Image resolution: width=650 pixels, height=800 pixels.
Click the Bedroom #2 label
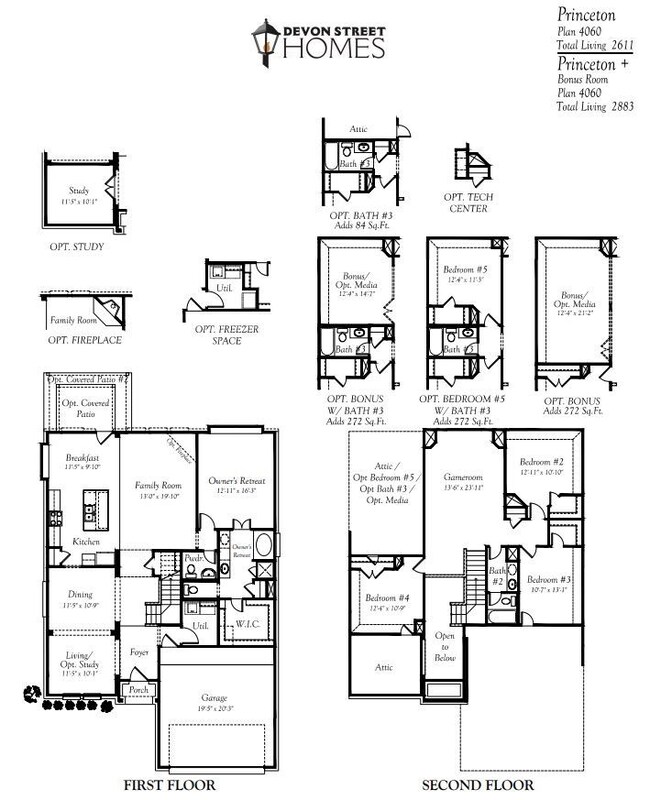(542, 462)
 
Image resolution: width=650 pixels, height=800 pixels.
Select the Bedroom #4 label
(385, 598)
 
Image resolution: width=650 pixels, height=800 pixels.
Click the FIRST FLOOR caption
(166, 785)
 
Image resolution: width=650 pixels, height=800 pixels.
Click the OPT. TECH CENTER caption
(469, 203)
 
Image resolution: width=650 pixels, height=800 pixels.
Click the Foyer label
(140, 652)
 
